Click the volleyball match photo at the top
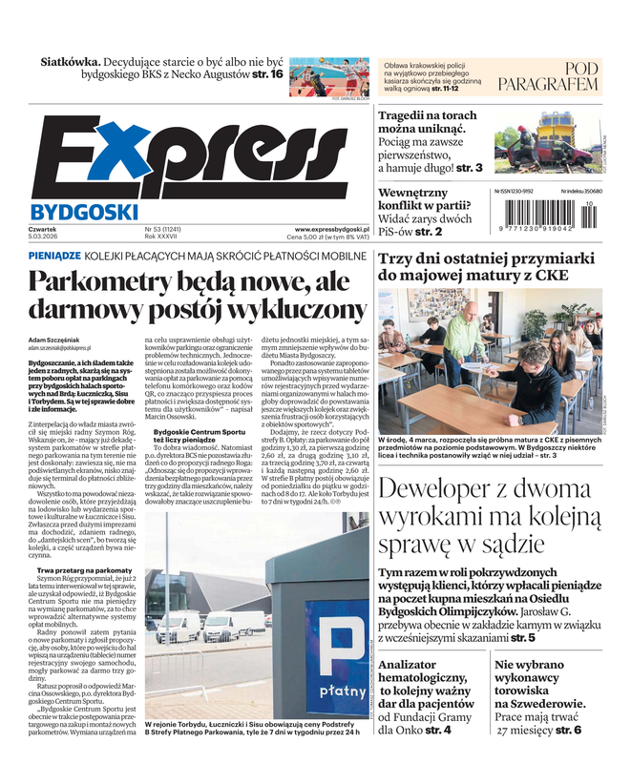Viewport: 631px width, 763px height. [328, 76]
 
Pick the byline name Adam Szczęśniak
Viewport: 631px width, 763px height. [59, 340]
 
